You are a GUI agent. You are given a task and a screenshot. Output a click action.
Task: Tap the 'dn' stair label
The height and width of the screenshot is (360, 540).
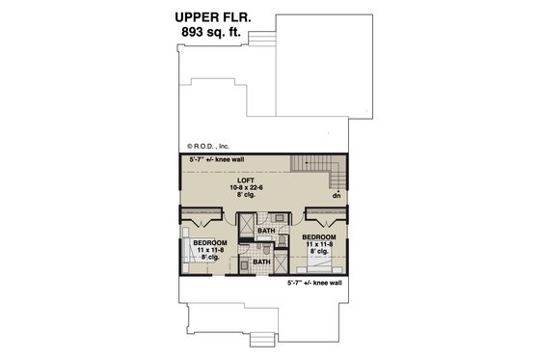pyautogui.click(x=337, y=195)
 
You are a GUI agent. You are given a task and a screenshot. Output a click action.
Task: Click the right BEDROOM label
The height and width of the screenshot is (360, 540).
pyautogui.click(x=318, y=235)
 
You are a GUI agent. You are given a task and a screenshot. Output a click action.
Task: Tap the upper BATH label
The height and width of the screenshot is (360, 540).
pyautogui.click(x=266, y=232)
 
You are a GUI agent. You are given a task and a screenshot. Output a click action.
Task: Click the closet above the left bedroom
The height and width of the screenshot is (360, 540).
pyautogui.click(x=205, y=214)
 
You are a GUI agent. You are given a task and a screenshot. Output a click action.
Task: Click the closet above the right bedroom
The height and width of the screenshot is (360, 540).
pyautogui.click(x=322, y=213)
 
